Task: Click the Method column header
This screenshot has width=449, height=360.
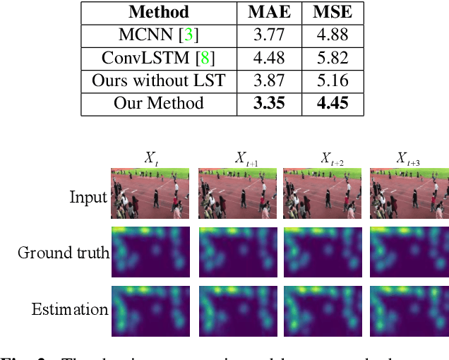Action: coord(159,12)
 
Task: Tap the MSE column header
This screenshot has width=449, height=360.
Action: coord(333,12)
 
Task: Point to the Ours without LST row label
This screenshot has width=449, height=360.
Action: coord(159,80)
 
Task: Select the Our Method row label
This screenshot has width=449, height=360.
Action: coord(159,104)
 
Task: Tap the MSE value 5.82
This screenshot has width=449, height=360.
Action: coord(333,58)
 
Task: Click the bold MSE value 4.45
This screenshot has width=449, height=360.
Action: coord(333,104)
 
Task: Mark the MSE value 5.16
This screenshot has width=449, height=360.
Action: coord(333,80)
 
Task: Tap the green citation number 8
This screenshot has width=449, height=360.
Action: coord(209,58)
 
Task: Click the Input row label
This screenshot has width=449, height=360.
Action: coord(88,197)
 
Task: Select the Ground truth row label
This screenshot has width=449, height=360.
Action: coord(64,252)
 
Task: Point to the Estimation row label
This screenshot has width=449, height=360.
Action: coord(70,308)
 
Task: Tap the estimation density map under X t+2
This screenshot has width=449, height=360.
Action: coord(322,309)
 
